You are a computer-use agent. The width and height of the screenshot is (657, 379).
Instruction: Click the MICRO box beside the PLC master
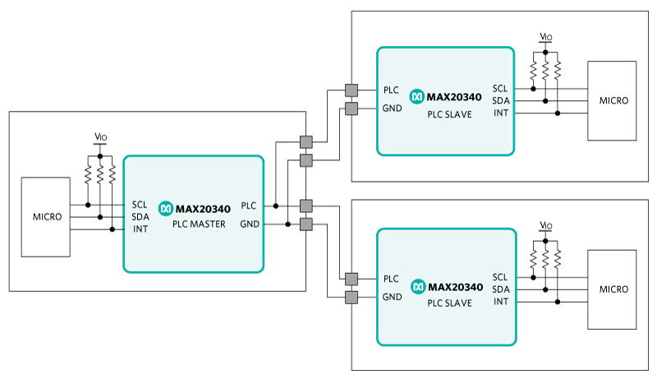click(x=46, y=217)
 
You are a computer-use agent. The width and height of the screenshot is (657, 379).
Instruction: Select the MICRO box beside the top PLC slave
click(x=612, y=100)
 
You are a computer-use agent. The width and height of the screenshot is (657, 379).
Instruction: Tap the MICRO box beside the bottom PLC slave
click(x=612, y=289)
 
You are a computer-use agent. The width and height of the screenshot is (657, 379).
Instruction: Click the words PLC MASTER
click(x=199, y=224)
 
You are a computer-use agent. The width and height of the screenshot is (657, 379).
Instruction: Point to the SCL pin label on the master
click(x=140, y=205)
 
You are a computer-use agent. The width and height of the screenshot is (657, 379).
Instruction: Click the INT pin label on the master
click(x=140, y=229)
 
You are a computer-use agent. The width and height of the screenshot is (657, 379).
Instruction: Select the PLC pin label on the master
click(x=249, y=206)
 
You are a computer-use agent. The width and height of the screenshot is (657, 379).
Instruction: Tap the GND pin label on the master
click(x=250, y=224)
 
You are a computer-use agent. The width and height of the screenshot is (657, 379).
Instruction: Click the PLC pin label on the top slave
click(x=391, y=90)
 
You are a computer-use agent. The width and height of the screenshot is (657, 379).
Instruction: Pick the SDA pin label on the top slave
click(x=501, y=100)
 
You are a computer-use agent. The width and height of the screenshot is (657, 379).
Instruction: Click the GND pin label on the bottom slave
click(x=393, y=297)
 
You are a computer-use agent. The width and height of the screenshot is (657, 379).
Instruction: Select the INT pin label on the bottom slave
click(x=501, y=302)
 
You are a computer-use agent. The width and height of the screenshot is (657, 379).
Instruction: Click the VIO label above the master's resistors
click(x=100, y=136)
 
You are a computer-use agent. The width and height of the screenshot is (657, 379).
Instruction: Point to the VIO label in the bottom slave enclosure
click(x=546, y=225)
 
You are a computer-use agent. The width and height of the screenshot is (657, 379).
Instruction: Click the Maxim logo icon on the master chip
click(x=166, y=208)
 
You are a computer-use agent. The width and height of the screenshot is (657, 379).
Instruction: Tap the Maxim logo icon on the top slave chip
click(x=417, y=96)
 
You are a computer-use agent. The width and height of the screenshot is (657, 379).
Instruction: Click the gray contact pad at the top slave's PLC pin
click(x=351, y=90)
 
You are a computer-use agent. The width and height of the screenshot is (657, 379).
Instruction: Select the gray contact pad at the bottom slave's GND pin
click(x=351, y=298)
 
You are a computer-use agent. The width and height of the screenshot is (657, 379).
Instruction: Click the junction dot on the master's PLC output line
click(x=276, y=206)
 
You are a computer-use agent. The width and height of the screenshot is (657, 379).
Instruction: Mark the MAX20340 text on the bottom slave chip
click(x=456, y=287)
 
